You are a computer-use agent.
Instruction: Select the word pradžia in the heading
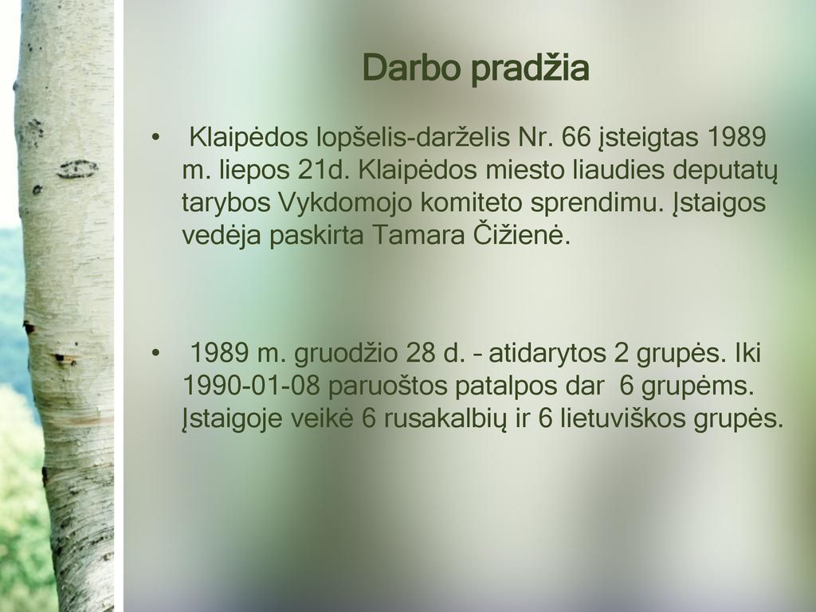(x=530, y=69)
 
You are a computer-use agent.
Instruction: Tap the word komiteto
(x=471, y=203)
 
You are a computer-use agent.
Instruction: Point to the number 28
(x=421, y=353)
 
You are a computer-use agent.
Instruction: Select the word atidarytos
(x=547, y=353)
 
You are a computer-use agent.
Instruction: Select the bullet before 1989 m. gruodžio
(x=155, y=353)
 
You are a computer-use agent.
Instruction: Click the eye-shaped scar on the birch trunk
(x=77, y=169)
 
